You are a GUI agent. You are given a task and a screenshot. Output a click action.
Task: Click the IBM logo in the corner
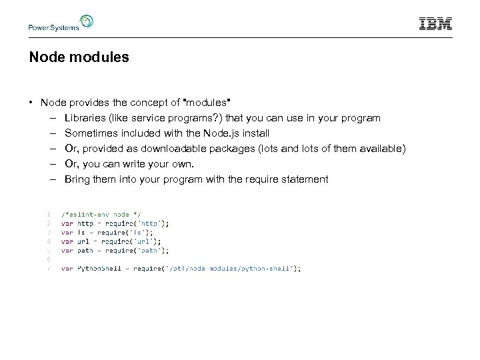(435, 24)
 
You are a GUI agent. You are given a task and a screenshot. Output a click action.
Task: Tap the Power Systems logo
(61, 24)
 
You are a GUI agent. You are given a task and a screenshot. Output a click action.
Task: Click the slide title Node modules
(79, 58)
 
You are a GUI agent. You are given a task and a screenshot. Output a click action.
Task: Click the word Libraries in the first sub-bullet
(85, 118)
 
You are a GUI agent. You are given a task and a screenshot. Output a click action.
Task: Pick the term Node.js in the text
(237, 133)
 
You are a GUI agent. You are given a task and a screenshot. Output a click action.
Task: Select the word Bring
(78, 179)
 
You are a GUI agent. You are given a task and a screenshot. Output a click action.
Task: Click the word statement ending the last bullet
(305, 179)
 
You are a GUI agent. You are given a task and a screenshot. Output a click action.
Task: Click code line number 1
(49, 214)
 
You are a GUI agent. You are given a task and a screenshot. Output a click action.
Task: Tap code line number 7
(49, 269)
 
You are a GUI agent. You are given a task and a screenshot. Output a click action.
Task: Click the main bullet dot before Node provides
(31, 103)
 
